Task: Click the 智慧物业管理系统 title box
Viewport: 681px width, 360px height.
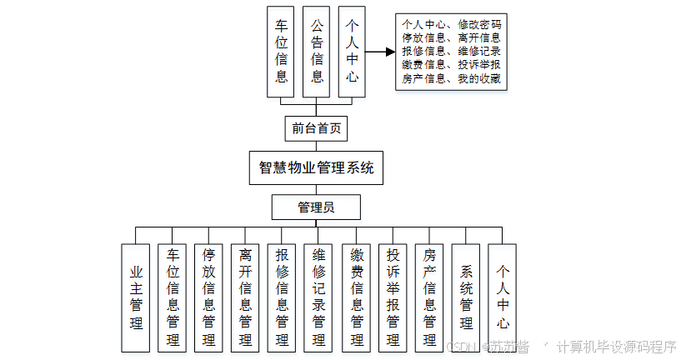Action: [317, 167]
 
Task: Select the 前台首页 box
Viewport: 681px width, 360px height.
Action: [315, 128]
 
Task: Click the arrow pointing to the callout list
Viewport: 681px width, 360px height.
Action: [378, 52]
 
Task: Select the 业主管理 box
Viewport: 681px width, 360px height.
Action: [135, 297]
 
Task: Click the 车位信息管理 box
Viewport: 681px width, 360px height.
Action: [172, 297]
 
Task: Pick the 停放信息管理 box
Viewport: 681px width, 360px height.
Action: [208, 297]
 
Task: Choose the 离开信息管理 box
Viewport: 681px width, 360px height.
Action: [245, 297]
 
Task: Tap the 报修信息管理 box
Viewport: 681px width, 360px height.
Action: [282, 297]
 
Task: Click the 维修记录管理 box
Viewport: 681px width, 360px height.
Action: [318, 297]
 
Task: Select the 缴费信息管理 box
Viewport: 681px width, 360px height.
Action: [356, 297]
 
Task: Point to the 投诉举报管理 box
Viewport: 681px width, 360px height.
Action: [393, 297]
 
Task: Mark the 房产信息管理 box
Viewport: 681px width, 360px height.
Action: [429, 297]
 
